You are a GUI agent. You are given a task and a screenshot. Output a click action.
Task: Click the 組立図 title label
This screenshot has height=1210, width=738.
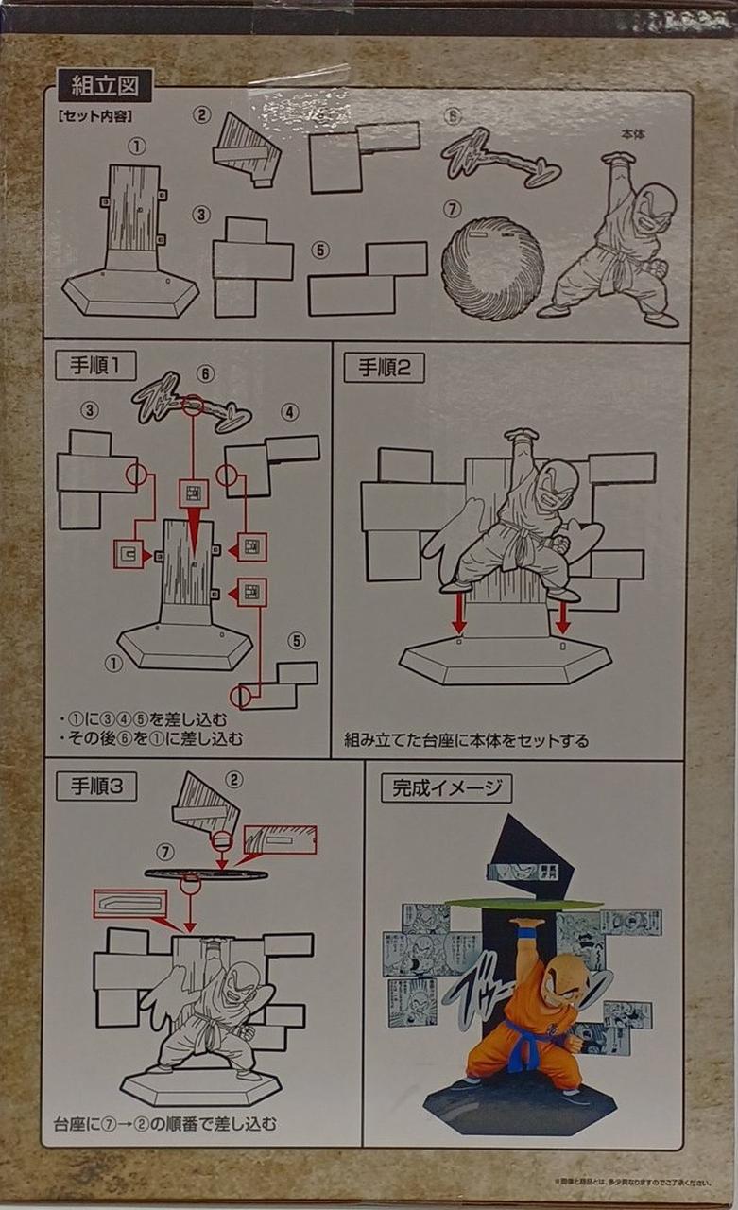[x=104, y=85]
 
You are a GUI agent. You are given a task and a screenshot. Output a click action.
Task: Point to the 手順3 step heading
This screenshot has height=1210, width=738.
[x=95, y=786]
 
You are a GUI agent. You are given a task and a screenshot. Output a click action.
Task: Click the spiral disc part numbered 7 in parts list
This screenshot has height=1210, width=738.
[x=491, y=268]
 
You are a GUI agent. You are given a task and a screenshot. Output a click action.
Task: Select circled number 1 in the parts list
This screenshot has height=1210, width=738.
[x=138, y=147]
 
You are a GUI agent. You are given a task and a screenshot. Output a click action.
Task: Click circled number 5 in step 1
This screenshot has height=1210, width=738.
[x=297, y=642]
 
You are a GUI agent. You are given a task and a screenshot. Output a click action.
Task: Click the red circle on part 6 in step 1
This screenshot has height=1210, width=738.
[x=193, y=406]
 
